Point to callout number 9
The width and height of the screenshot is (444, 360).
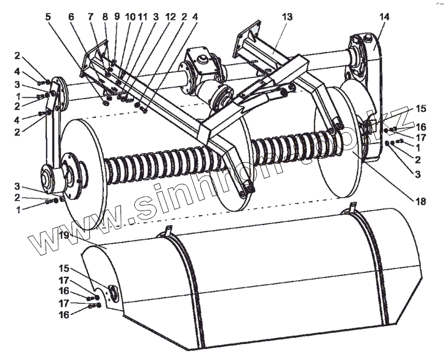coord(117,17)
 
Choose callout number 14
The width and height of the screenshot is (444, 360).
coord(384,17)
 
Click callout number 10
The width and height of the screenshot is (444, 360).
coord(129,17)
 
